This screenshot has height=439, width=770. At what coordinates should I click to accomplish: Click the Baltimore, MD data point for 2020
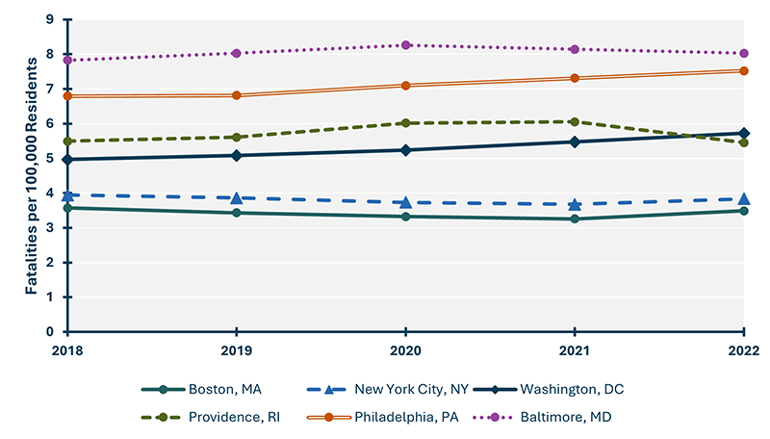pos(406,45)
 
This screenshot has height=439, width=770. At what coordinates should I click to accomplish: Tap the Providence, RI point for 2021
pos(575,122)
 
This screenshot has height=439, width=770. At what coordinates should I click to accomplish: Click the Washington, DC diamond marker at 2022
pos(743,133)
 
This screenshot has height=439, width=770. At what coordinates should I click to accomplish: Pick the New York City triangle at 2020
pos(406,202)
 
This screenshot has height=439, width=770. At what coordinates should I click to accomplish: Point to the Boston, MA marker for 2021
pos(575,219)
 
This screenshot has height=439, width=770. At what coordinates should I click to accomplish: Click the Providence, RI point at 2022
pos(743,142)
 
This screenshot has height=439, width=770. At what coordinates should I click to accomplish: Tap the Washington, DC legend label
pos(568,389)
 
